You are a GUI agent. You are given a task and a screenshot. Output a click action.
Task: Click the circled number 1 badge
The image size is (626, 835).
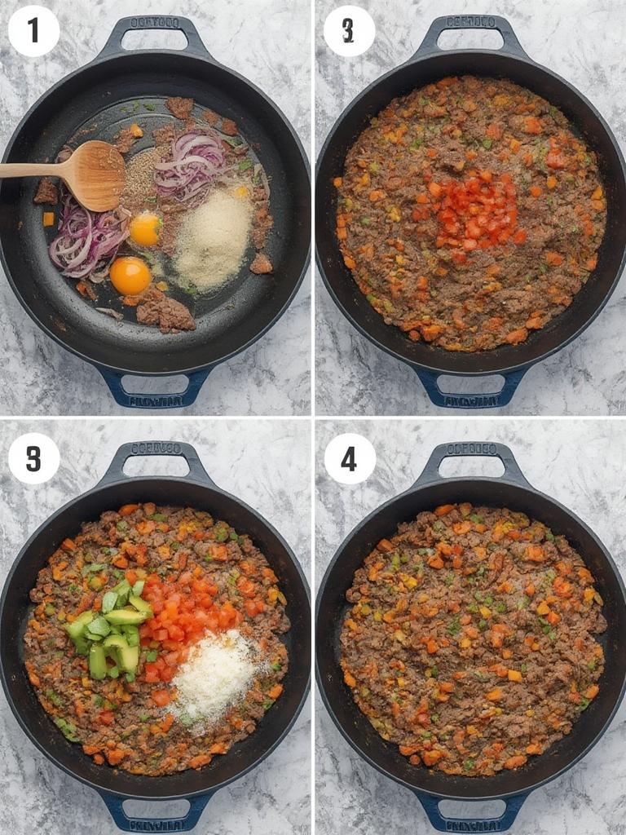33,31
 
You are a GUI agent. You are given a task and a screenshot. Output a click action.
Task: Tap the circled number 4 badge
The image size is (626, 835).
349,458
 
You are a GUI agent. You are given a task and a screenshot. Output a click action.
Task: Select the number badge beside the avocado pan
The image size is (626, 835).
33,458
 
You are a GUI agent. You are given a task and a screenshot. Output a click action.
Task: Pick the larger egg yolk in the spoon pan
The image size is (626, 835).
130,276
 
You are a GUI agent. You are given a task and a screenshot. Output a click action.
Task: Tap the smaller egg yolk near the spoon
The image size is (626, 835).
145,229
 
